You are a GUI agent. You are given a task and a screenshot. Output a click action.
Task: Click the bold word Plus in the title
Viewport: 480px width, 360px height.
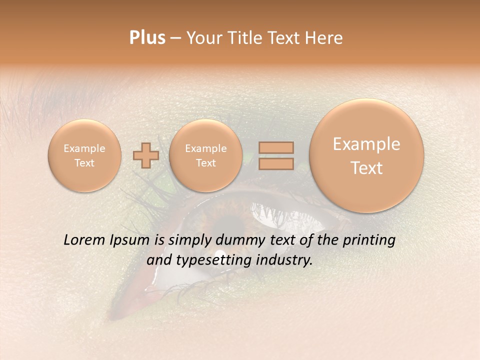click(147, 38)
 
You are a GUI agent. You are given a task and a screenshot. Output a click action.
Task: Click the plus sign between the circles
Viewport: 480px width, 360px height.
click(146, 155)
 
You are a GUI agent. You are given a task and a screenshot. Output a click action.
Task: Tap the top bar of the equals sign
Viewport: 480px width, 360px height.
click(275, 147)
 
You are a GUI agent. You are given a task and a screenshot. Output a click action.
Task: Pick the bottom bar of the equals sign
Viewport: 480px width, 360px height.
click(275, 163)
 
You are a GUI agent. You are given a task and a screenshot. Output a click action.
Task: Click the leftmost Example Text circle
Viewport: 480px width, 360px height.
click(84, 155)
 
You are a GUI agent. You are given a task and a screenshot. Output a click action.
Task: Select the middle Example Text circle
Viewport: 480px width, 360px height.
click(205, 155)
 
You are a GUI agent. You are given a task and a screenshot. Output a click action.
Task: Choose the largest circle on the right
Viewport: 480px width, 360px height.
click(366, 155)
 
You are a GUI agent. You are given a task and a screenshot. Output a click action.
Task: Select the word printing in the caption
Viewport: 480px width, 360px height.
click(369, 240)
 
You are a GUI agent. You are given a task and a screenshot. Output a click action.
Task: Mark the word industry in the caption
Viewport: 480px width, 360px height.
click(284, 260)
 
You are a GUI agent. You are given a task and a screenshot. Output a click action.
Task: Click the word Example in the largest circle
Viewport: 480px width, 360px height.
click(366, 144)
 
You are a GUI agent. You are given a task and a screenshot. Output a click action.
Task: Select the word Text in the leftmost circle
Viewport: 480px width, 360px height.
click(84, 163)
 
